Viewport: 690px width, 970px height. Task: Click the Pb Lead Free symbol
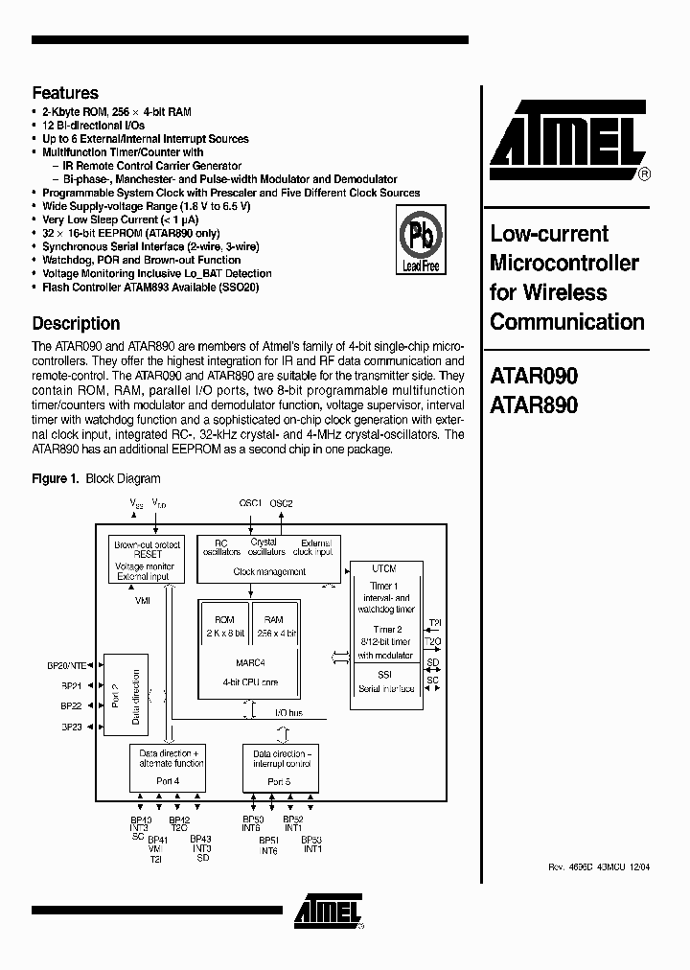pos(420,243)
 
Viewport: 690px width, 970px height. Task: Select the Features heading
pos(65,93)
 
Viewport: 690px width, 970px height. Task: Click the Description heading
pos(76,323)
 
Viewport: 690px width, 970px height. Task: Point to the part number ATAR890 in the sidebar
pos(534,405)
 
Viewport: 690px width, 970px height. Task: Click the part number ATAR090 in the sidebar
pos(534,377)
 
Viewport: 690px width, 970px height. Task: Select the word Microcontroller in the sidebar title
pos(564,263)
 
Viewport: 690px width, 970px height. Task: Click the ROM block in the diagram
pos(224,627)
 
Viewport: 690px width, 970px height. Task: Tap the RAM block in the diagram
pos(274,627)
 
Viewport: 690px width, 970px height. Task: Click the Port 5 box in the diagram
pos(280,767)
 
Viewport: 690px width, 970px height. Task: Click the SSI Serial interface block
pos(384,682)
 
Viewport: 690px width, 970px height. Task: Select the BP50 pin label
pos(252,820)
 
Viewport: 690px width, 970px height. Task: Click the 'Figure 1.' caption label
pos(56,478)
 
